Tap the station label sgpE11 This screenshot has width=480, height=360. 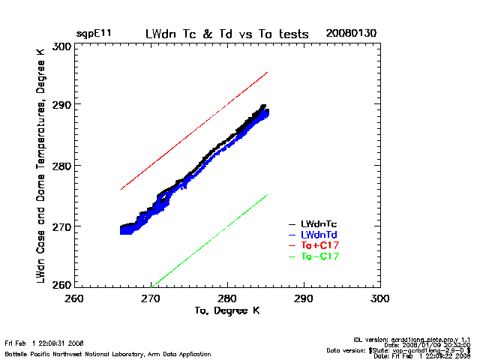[94, 34]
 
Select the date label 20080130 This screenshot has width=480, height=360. [349, 34]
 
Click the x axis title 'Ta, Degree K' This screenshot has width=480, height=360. [227, 310]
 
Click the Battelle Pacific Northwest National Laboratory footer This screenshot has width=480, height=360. [108, 353]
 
